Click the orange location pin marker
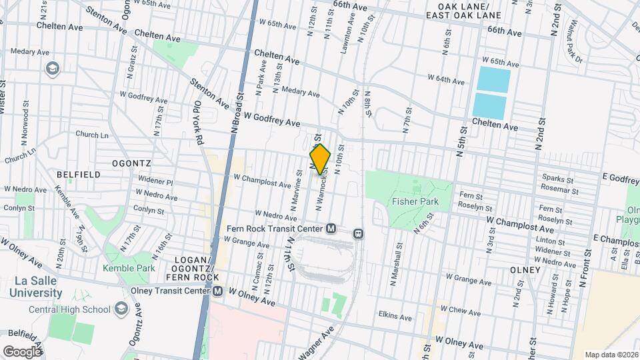click(x=320, y=159)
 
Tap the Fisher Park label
click(x=415, y=201)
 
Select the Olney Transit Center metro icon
click(x=217, y=291)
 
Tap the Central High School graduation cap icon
click(x=121, y=309)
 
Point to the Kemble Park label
click(x=128, y=268)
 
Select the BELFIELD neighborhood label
click(x=79, y=175)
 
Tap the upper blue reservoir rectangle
click(x=493, y=80)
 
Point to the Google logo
click(x=23, y=351)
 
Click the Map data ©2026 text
click(x=610, y=355)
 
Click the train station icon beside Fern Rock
click(x=358, y=233)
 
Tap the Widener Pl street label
click(x=155, y=181)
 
